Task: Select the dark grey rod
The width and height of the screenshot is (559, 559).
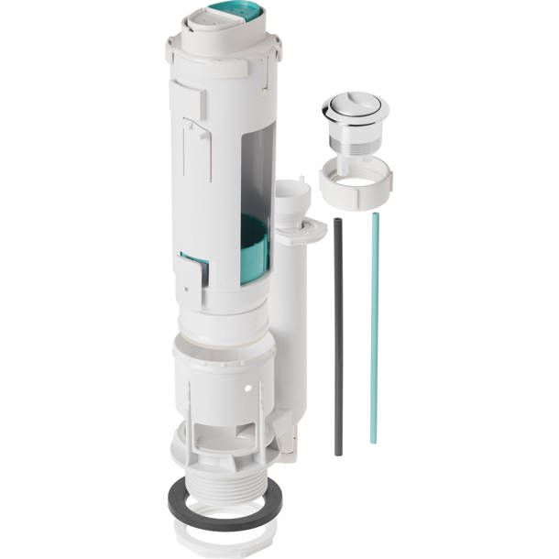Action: [338, 339]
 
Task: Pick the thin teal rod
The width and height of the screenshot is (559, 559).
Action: [374, 330]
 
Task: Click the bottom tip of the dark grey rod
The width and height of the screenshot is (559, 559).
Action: [338, 453]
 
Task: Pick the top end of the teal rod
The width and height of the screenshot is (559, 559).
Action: [375, 216]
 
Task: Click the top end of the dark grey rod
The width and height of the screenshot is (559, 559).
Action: [337, 221]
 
